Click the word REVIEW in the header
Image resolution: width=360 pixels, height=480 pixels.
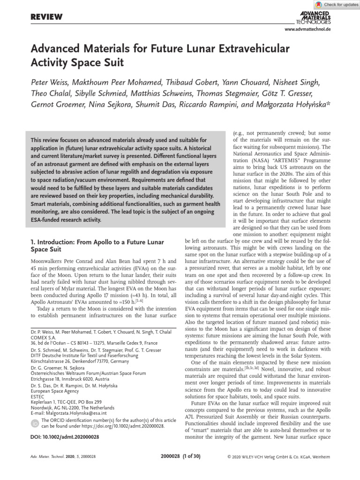tap(46, 17)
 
